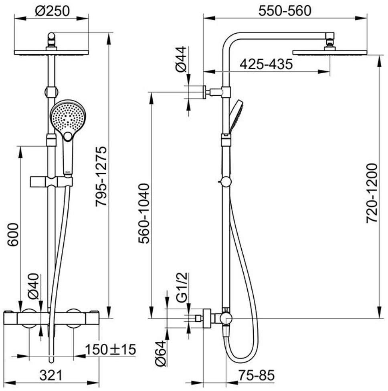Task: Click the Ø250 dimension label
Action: click(52, 11)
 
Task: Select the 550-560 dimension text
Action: click(285, 11)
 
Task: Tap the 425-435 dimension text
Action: click(266, 64)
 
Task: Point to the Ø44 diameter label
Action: click(181, 59)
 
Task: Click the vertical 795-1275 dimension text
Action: click(101, 176)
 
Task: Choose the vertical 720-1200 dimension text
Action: click(372, 193)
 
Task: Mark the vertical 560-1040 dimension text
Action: click(144, 214)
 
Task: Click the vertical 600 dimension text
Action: click(13, 235)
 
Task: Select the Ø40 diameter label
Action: click(33, 286)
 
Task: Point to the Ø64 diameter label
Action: click(161, 353)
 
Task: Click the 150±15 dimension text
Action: click(111, 349)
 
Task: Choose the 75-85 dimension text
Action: click(257, 375)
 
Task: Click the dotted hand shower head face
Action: click(68, 118)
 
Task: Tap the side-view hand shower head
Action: click(236, 116)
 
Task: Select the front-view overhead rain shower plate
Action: click(51, 52)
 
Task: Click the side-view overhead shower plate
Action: click(329, 52)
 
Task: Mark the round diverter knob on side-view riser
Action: click(226, 181)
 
